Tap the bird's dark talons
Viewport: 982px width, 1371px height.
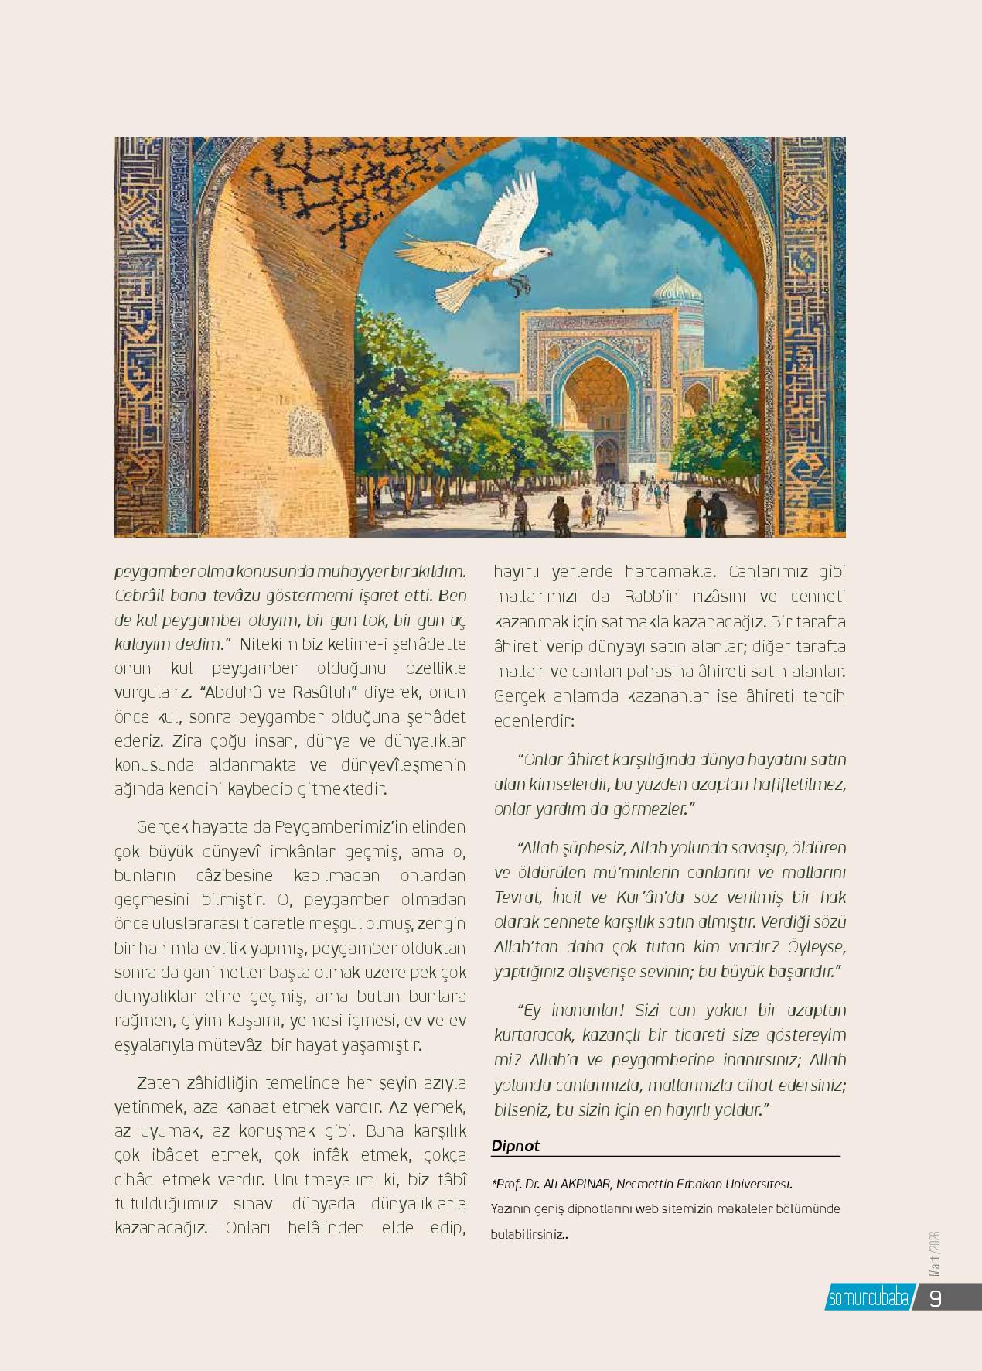[520, 285]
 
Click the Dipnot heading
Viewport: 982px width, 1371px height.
[515, 1146]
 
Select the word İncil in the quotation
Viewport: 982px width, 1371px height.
[568, 897]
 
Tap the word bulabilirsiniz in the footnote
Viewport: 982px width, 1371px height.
[527, 1235]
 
